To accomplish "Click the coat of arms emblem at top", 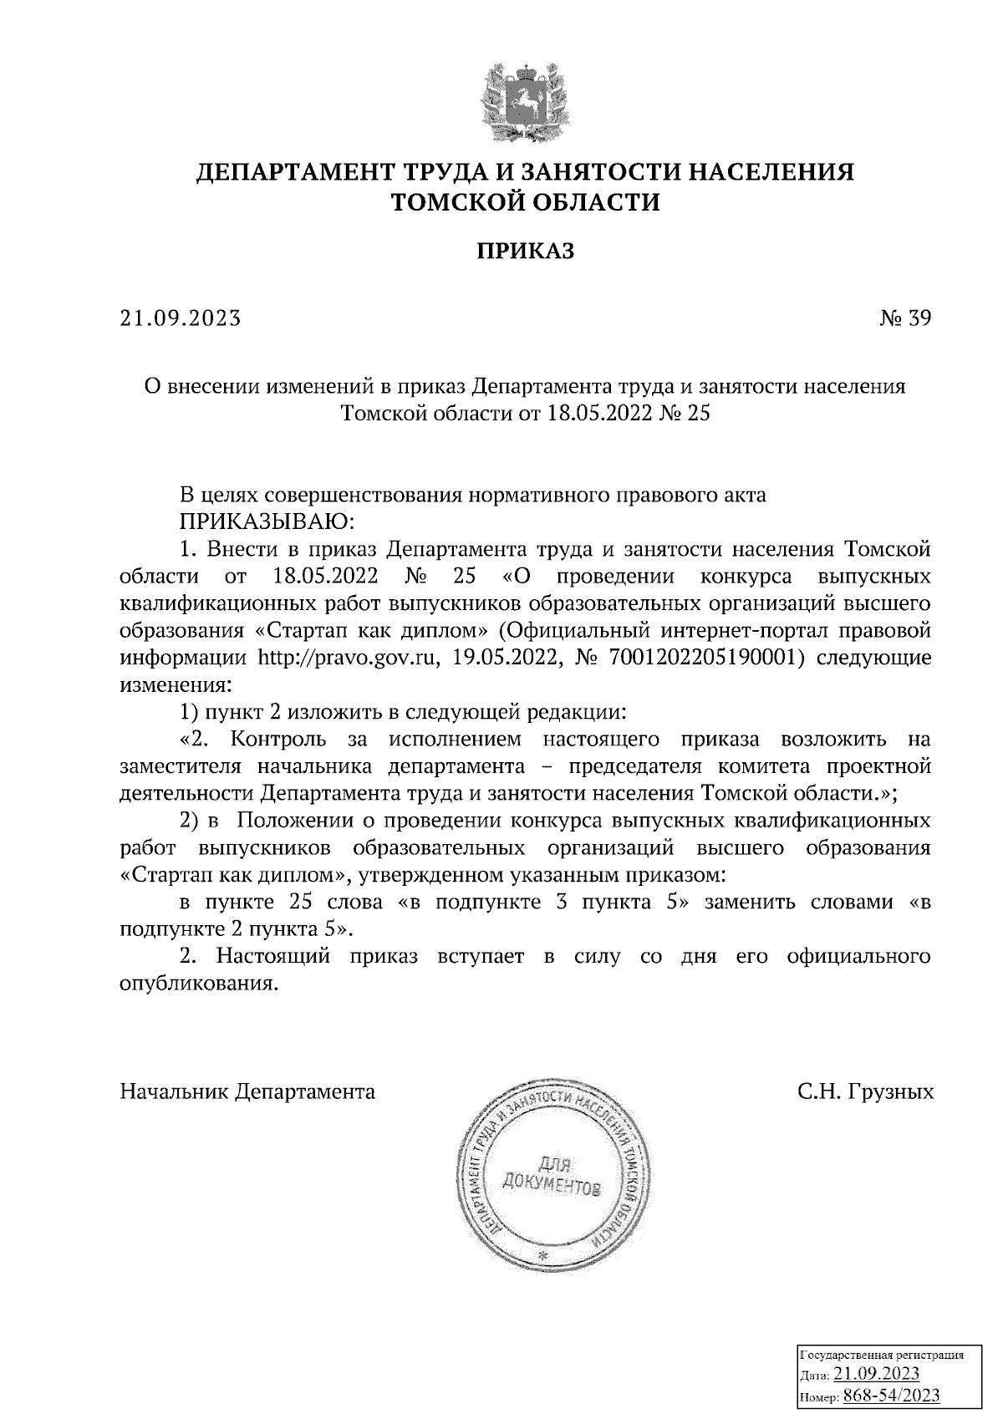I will (526, 99).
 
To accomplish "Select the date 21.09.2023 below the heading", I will (181, 318).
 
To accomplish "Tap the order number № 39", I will (904, 318).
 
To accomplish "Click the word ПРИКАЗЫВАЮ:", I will (267, 522).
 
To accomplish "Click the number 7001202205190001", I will (707, 658).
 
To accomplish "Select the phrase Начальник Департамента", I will (247, 1091).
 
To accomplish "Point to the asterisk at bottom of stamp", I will (544, 1255).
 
